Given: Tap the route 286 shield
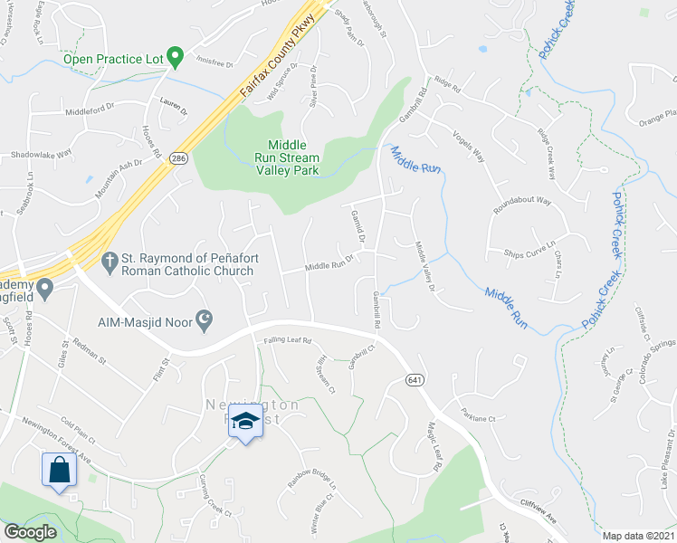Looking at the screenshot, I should point(178,158).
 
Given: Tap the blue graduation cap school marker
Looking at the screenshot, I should point(244,423).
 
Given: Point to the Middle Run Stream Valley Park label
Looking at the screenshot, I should point(286,157).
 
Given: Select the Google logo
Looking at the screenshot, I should point(30,533).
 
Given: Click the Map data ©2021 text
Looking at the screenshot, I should point(637,536).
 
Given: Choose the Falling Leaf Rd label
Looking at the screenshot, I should point(287,340).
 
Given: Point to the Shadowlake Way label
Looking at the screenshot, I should point(41,154).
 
